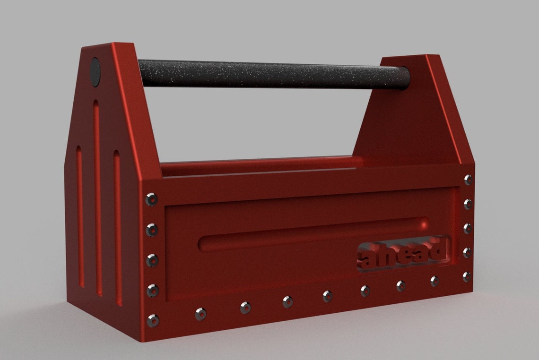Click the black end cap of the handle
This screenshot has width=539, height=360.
(95, 72)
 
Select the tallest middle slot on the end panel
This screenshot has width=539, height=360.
(97, 198)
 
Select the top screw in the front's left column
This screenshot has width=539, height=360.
(151, 199)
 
